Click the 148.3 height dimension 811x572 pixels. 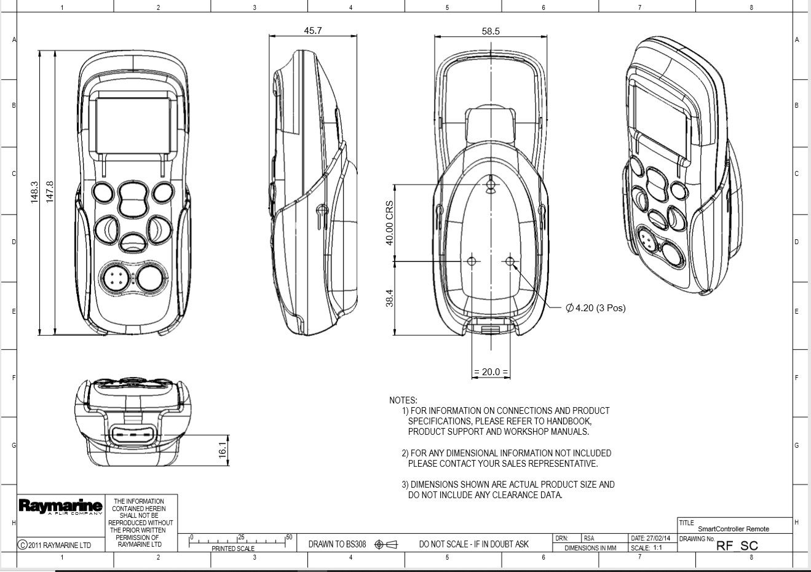[x=34, y=192]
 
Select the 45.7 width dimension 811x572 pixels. [x=312, y=31]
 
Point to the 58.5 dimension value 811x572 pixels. [x=491, y=31]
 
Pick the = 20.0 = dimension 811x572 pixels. [x=491, y=371]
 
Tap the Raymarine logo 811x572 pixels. [x=60, y=507]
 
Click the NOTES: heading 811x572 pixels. [x=403, y=400]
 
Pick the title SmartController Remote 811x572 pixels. [x=733, y=529]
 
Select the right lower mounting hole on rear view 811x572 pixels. [x=510, y=261]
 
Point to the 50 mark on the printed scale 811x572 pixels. [x=288, y=538]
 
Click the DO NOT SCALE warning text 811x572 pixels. [x=473, y=544]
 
